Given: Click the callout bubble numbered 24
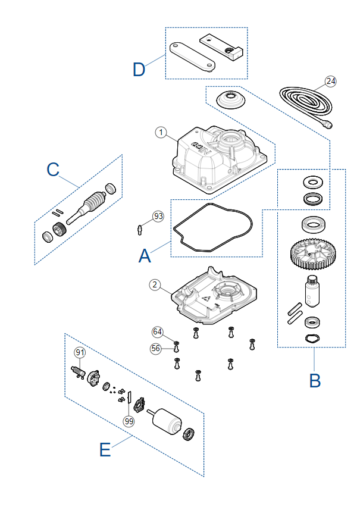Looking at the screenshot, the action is (x=331, y=81).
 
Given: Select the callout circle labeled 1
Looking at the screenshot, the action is (x=161, y=132).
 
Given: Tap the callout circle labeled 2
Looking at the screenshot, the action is (x=155, y=284).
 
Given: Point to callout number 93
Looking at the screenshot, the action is (x=158, y=216).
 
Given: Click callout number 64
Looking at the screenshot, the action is (x=158, y=331).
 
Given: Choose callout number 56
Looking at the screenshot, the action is (x=156, y=348).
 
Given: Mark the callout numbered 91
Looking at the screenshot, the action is (x=80, y=352).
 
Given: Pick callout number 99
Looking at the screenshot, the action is (x=129, y=421).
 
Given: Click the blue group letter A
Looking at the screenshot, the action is (x=145, y=256).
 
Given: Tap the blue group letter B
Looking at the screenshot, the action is (x=315, y=381).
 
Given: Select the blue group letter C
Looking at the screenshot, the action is (x=53, y=169).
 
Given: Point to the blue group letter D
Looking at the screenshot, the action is (x=139, y=70).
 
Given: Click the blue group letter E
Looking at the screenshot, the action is (x=105, y=450).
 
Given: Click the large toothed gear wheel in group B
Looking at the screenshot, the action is (x=313, y=254).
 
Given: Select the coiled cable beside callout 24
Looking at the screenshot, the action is (x=306, y=104).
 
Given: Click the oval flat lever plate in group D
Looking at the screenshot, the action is (x=192, y=57).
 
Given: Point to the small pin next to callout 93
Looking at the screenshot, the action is (x=139, y=230).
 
